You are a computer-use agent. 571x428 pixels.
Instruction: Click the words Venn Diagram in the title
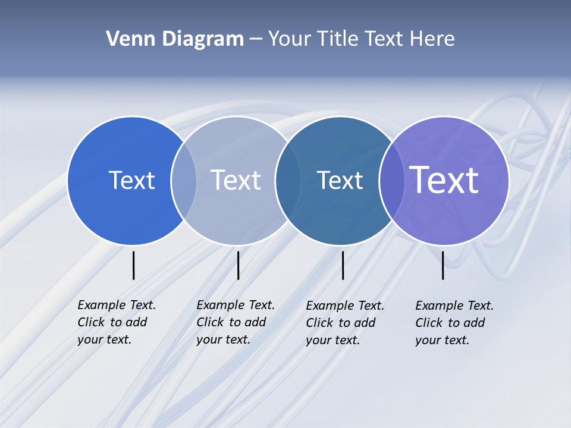click(x=175, y=39)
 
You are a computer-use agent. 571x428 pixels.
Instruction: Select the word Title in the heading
click(x=340, y=39)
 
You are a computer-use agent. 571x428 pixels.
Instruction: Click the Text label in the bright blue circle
click(x=131, y=180)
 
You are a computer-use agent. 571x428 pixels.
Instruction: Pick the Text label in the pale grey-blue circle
click(x=236, y=180)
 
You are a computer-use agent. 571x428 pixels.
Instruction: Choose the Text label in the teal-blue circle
click(x=340, y=180)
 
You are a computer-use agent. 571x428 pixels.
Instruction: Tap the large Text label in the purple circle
click(x=444, y=180)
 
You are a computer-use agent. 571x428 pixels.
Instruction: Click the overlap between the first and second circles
click(x=184, y=180)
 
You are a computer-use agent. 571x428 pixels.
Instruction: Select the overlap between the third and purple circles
click(x=391, y=180)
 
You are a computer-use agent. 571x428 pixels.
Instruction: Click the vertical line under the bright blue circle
click(x=133, y=265)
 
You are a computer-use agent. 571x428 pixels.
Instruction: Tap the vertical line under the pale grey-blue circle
click(x=238, y=265)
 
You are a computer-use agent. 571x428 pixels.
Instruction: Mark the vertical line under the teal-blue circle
click(x=343, y=265)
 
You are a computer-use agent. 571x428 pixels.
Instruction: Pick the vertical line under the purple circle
click(x=443, y=265)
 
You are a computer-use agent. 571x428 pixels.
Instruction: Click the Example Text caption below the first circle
click(x=117, y=322)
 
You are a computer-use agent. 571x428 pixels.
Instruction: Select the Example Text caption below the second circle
click(x=236, y=322)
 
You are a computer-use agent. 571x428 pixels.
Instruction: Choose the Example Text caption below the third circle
click(x=345, y=323)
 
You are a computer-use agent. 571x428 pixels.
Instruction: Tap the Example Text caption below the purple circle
click(x=454, y=323)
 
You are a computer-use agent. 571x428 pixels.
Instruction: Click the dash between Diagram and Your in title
click(x=256, y=39)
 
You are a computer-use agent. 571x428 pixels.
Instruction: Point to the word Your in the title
click(x=290, y=39)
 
